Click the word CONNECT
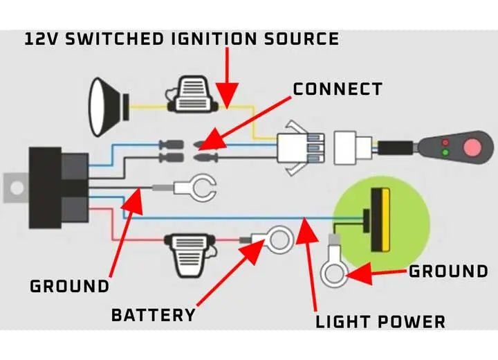click(x=338, y=89)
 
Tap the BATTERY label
click(x=154, y=315)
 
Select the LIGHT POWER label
click(x=380, y=322)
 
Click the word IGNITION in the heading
click(x=214, y=39)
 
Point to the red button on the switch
click(x=472, y=147)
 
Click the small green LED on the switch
click(x=445, y=152)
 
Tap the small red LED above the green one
click(x=445, y=142)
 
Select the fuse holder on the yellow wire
click(x=192, y=94)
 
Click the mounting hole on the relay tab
click(x=17, y=188)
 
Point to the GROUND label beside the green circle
click(x=448, y=271)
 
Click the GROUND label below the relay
click(x=69, y=286)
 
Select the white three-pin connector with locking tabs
click(x=300, y=148)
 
